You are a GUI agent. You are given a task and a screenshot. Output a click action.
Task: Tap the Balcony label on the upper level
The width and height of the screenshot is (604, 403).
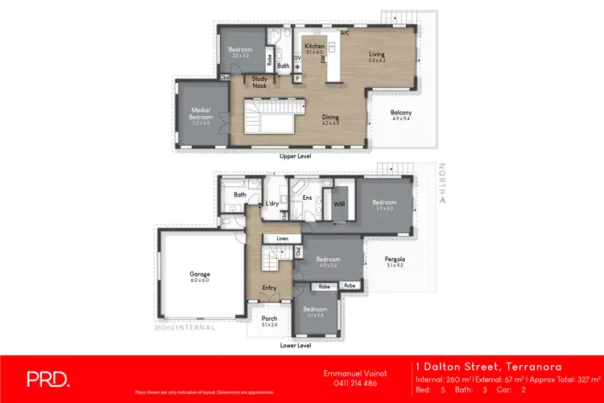coord(400,113)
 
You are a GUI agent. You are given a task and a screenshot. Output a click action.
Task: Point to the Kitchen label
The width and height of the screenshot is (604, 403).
coord(314,46)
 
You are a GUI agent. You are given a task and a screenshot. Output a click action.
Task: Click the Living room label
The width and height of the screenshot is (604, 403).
coord(377,55)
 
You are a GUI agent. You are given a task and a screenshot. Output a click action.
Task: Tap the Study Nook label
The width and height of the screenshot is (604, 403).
coord(260,81)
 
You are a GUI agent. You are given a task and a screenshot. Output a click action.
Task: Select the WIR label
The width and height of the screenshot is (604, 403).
coord(339,206)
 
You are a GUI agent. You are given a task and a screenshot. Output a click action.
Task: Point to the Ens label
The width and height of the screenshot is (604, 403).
coord(306,197)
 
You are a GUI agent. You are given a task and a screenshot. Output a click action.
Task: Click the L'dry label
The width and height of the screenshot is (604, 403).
coord(271,204)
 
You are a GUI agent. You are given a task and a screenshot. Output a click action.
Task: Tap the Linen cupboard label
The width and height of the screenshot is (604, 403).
coord(282,239)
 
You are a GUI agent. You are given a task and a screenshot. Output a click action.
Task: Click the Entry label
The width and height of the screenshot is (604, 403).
coord(270,287)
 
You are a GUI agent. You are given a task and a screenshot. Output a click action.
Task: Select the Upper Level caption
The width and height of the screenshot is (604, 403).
coord(295,155)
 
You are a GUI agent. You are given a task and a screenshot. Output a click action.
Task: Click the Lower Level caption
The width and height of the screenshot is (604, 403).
coord(295,343)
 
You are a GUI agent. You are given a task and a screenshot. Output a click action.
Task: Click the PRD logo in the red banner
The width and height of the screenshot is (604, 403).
coord(48,378)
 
